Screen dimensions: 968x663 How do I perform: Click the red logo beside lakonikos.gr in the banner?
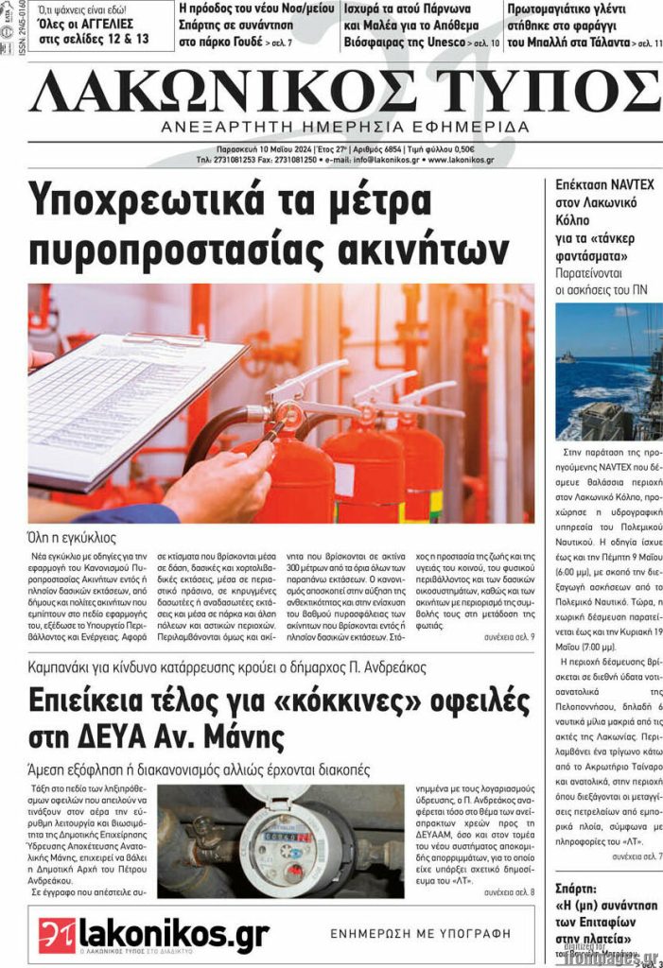(x=57, y=935)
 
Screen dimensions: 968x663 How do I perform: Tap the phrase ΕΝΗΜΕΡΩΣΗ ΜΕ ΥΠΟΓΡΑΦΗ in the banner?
(x=420, y=933)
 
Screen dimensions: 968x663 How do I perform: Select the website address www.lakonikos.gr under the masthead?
(x=460, y=161)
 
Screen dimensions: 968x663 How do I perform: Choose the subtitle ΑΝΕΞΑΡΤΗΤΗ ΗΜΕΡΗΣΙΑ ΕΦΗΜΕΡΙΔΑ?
(x=345, y=128)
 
